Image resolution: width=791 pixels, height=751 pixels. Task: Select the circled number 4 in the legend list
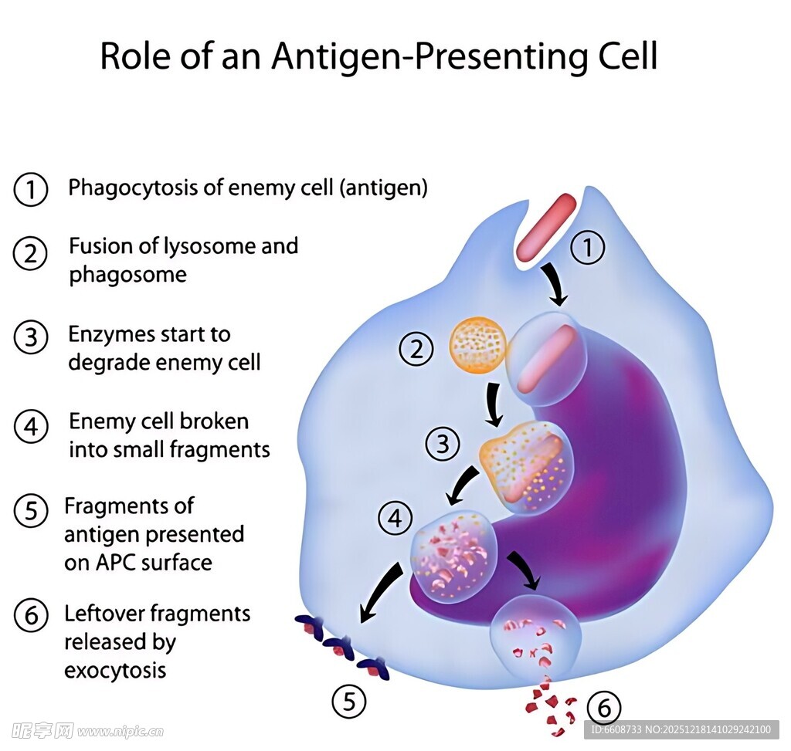click(31, 426)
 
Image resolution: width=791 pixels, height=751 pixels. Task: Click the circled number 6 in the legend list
click(31, 617)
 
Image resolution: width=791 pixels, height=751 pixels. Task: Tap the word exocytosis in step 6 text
click(115, 670)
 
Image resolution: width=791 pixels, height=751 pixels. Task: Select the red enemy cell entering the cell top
click(546, 227)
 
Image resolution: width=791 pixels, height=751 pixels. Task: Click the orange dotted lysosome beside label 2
click(478, 344)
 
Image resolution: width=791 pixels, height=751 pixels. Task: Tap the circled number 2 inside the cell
click(416, 350)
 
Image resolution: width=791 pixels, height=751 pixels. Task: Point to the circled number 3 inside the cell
click(443, 444)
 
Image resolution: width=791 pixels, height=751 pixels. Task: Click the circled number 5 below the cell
click(349, 702)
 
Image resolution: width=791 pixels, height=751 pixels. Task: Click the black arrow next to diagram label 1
click(555, 283)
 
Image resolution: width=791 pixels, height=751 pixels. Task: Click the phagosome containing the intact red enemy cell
click(547, 359)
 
